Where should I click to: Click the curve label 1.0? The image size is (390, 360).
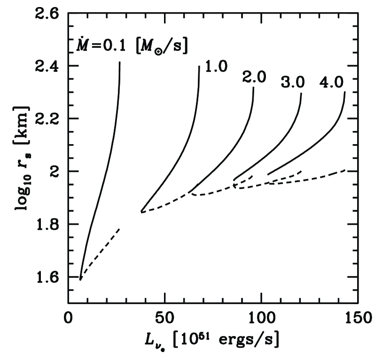(216, 66)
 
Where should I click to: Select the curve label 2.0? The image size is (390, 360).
(255, 78)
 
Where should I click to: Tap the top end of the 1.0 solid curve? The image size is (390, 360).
(199, 66)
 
